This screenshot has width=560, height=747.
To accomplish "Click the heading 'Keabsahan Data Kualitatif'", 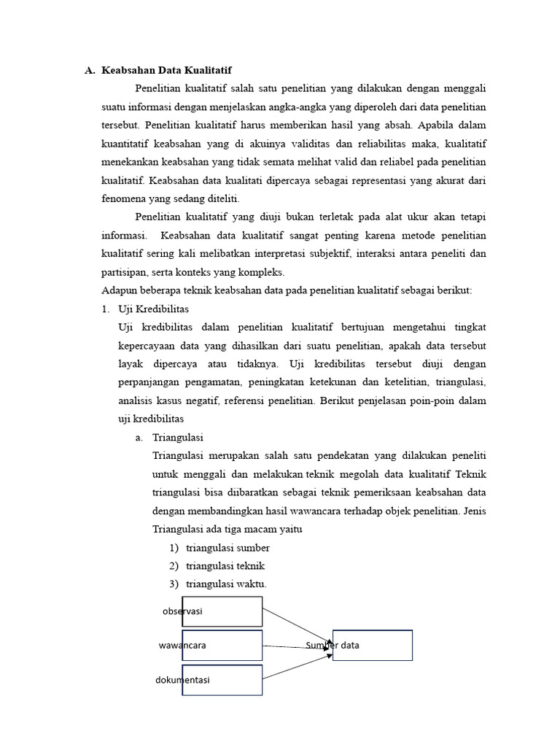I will [x=166, y=71].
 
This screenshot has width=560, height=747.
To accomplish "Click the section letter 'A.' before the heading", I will [x=90, y=71].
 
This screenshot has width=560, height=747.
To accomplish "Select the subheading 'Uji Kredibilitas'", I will [x=153, y=309].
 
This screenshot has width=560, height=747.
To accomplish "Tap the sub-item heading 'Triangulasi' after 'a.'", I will [x=178, y=438].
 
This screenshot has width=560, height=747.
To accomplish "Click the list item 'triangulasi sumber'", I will [x=227, y=548].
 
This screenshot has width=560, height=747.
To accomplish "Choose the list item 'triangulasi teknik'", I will [x=225, y=566].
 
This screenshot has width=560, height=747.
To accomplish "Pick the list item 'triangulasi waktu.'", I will [x=226, y=584].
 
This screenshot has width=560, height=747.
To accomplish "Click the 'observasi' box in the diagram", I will [x=222, y=611].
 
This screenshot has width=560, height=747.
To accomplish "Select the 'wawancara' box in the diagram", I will [x=222, y=646].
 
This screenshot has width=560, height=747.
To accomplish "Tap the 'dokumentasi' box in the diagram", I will [x=222, y=680].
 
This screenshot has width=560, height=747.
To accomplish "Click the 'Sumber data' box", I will [x=373, y=645].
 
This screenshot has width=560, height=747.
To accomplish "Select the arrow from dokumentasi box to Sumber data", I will [x=297, y=665].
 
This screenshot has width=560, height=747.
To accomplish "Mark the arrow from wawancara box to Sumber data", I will [x=297, y=646].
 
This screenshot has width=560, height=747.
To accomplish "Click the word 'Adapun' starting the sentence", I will [x=120, y=290].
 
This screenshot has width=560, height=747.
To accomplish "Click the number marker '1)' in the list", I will [x=174, y=548].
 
